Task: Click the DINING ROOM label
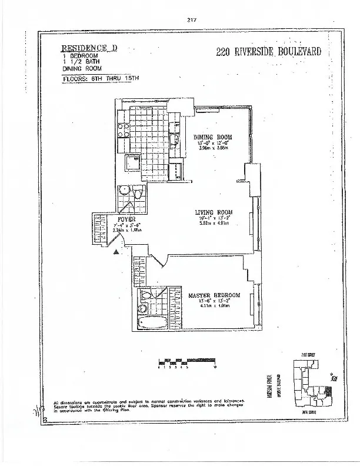212,137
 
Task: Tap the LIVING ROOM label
214,212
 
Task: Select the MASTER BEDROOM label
214,295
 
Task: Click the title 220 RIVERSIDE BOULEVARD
269,51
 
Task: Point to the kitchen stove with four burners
124,131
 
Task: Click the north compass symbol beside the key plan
333,380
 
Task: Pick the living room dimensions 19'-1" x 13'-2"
214,219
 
